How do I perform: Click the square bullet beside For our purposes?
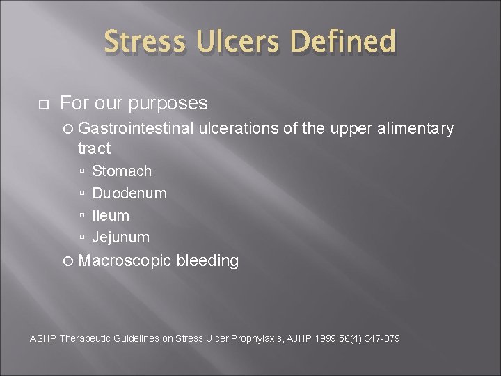(42, 104)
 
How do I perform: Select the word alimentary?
(415, 128)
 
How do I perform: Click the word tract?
(94, 148)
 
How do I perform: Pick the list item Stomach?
(122, 171)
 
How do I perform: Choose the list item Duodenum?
(129, 193)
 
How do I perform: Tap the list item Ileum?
(111, 215)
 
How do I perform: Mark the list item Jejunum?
(120, 237)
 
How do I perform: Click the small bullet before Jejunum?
(82, 237)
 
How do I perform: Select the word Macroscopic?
(125, 261)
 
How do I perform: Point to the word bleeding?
(208, 261)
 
